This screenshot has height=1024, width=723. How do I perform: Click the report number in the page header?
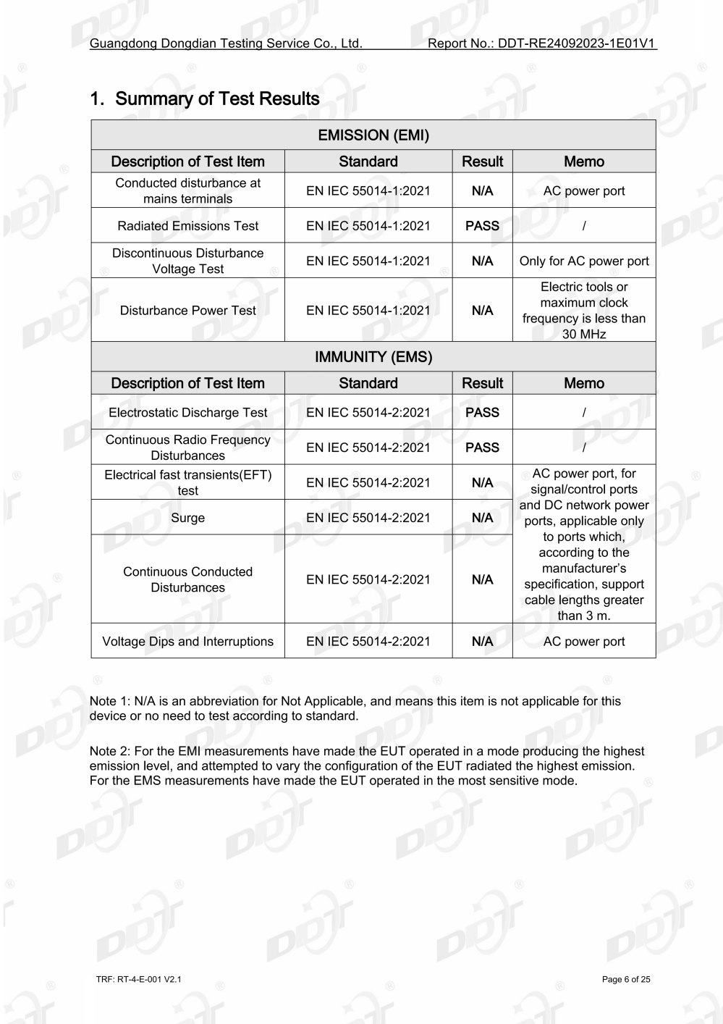pyautogui.click(x=541, y=43)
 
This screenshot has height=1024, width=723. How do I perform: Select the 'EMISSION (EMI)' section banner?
pyautogui.click(x=373, y=135)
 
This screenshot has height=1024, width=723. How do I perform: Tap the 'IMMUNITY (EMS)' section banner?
pyautogui.click(x=373, y=357)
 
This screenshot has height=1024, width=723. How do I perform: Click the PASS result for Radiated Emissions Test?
pyautogui.click(x=482, y=226)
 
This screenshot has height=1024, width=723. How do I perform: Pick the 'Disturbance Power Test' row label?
pyautogui.click(x=187, y=311)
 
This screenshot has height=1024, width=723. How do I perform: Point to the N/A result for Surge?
pyautogui.click(x=482, y=518)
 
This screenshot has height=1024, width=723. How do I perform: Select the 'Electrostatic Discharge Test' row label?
pyautogui.click(x=187, y=413)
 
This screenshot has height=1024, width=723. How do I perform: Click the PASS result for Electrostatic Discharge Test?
pyautogui.click(x=482, y=413)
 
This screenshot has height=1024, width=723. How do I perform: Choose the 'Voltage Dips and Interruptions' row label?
pyautogui.click(x=187, y=642)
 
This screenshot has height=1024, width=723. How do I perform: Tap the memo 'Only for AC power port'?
pyautogui.click(x=584, y=261)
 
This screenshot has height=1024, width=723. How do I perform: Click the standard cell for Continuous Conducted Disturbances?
pyautogui.click(x=368, y=579)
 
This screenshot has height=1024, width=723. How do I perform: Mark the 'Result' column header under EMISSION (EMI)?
pyautogui.click(x=482, y=161)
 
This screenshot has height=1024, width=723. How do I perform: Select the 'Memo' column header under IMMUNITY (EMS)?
pyautogui.click(x=584, y=383)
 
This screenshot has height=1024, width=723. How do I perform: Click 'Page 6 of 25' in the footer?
pyautogui.click(x=626, y=980)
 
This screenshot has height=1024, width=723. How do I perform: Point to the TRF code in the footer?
pyautogui.click(x=138, y=980)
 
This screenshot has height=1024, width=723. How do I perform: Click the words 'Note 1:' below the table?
pyautogui.click(x=110, y=701)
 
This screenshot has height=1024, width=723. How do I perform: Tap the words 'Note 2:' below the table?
pyautogui.click(x=110, y=752)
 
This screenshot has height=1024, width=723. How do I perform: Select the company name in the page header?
pyautogui.click(x=226, y=43)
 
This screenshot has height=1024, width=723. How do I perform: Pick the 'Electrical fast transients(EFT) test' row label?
pyautogui.click(x=187, y=482)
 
